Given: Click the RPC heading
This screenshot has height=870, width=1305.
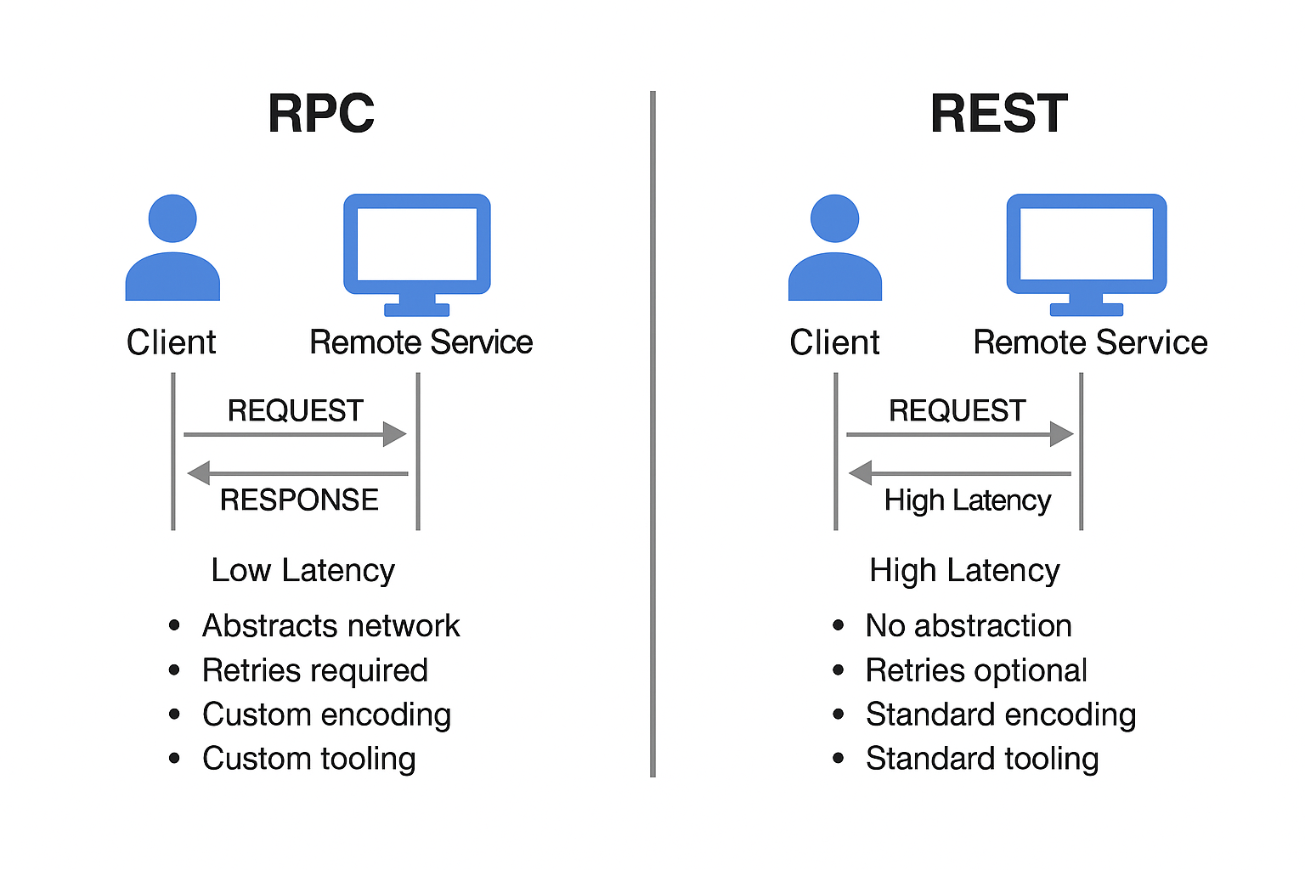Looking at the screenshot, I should [x=321, y=114].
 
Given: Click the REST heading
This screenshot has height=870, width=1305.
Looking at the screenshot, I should [x=998, y=114].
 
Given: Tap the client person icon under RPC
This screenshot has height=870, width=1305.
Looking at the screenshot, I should [x=172, y=248].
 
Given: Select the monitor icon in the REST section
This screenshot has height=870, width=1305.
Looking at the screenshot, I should [x=1086, y=253].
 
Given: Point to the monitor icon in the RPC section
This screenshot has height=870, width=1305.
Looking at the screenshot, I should [x=416, y=253].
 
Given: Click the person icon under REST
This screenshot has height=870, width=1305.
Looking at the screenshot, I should [x=834, y=248].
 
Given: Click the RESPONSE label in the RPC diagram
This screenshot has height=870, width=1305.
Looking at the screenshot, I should [x=299, y=500].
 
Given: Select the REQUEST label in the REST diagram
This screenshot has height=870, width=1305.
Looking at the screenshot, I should [x=957, y=410].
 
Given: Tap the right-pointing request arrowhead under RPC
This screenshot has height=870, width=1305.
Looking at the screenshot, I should [x=394, y=434].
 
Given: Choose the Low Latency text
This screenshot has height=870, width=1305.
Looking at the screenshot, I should [x=302, y=570].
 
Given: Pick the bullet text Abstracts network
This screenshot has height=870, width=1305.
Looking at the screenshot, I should [x=330, y=626].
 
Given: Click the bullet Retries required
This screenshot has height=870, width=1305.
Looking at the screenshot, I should [x=314, y=670].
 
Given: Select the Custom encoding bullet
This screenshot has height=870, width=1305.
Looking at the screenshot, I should [x=326, y=715].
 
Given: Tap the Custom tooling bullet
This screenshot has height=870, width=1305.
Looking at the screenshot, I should [x=308, y=759].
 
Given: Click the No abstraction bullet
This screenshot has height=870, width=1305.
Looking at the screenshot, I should [x=968, y=626].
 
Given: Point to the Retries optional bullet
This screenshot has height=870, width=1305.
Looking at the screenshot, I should [x=975, y=670].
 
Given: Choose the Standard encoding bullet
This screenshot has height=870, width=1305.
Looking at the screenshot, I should [x=1000, y=715].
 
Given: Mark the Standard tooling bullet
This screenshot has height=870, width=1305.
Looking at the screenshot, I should [x=981, y=759].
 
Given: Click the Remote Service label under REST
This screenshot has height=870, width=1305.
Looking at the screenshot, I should [x=1090, y=342].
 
